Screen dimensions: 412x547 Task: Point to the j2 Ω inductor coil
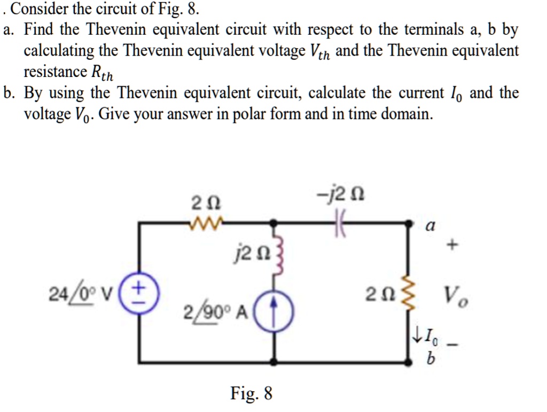pos(276,249)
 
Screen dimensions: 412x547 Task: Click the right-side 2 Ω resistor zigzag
pos(410,294)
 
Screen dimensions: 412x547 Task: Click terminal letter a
pos(429,227)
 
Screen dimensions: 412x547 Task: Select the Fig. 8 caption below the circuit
pos(252,395)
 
